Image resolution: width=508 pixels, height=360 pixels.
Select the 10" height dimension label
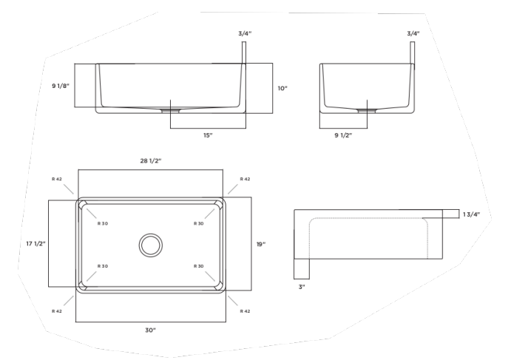click(282, 88)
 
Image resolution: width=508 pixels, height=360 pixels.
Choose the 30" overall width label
click(150, 330)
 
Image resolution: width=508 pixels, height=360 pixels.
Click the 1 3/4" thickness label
click(472, 214)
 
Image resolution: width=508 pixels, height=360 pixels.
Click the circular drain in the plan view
click(151, 244)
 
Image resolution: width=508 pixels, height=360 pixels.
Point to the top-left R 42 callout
click(57, 179)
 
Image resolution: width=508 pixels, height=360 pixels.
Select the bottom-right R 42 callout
click(245, 311)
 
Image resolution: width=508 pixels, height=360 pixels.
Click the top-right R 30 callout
click(198, 223)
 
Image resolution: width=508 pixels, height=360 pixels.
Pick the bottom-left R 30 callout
click(103, 266)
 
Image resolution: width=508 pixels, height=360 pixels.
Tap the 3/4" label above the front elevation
click(244, 33)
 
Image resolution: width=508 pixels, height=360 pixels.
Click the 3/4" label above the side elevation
click(413, 33)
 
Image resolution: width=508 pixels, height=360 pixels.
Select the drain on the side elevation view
click(367, 110)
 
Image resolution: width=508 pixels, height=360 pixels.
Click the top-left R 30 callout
click(103, 223)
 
